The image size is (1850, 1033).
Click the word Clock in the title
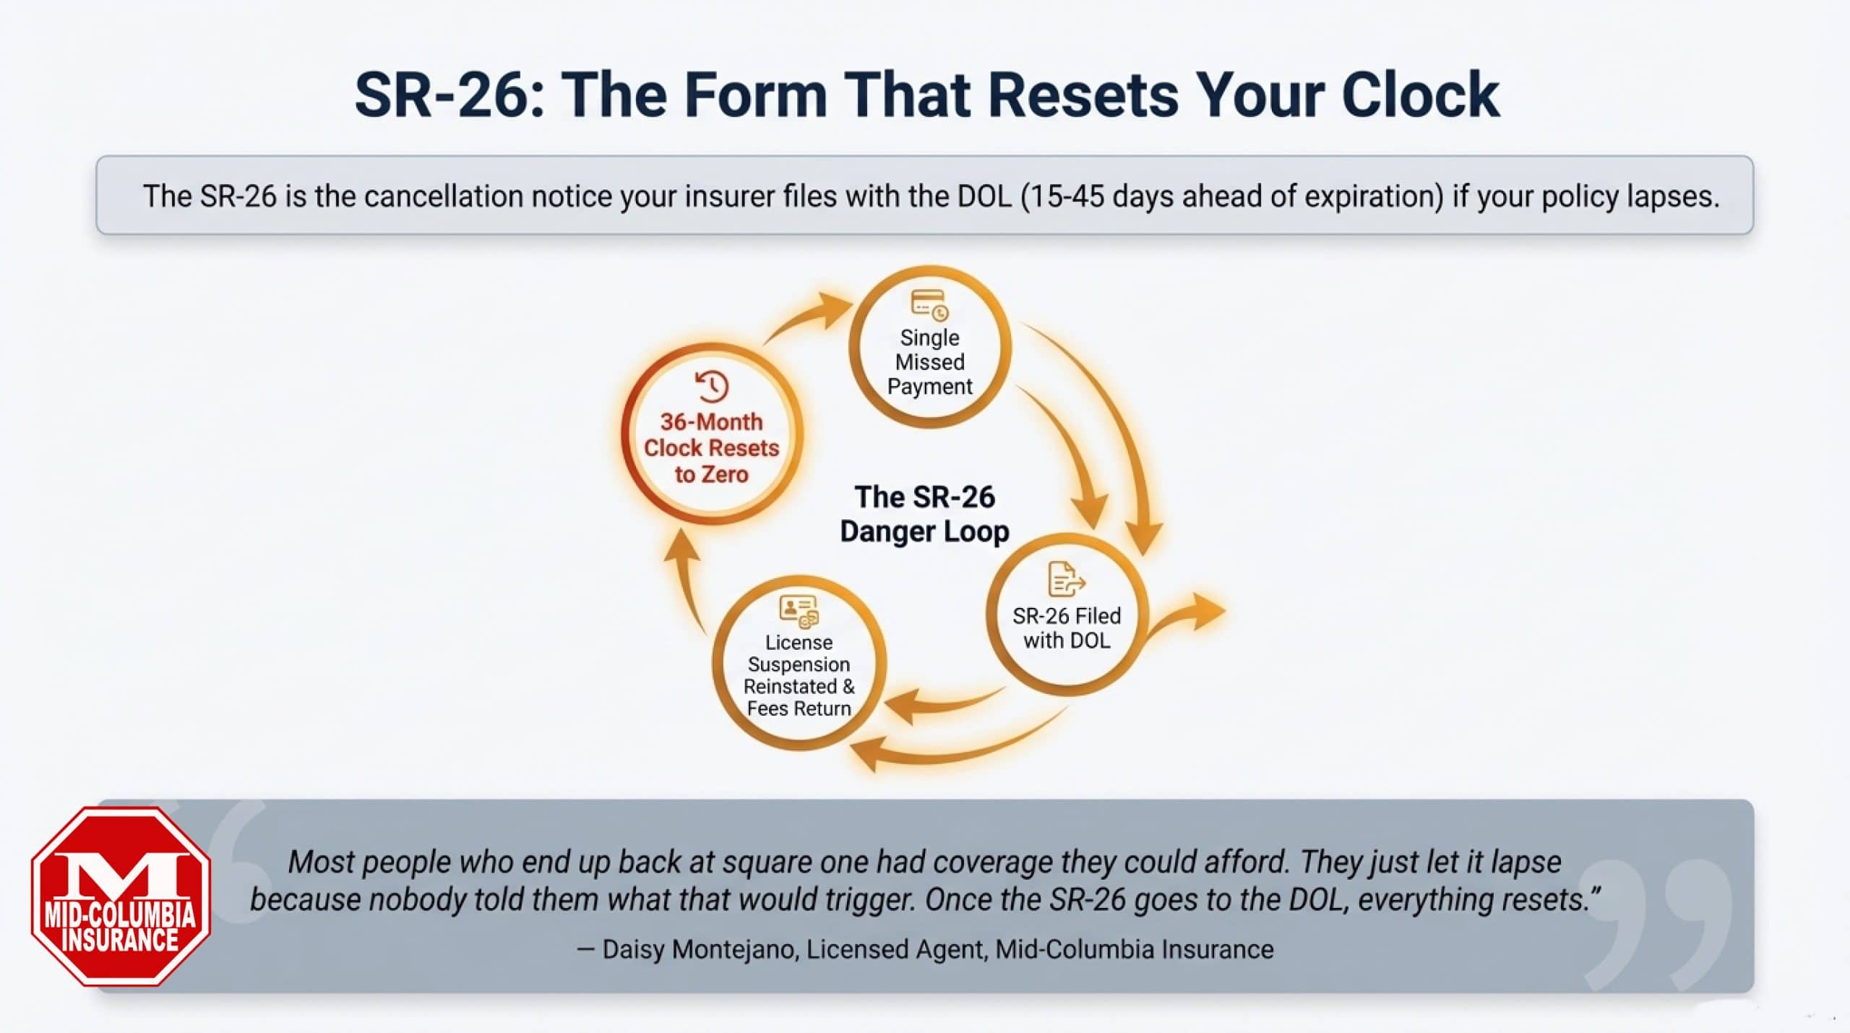tap(1420, 95)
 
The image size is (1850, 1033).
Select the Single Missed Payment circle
tap(929, 348)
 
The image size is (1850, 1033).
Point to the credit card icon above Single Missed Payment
tap(929, 304)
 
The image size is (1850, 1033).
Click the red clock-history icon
tap(712, 386)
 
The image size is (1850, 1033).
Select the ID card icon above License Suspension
tap(799, 610)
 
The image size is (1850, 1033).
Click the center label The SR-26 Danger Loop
tap(924, 514)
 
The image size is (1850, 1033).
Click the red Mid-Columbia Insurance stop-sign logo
tap(121, 896)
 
